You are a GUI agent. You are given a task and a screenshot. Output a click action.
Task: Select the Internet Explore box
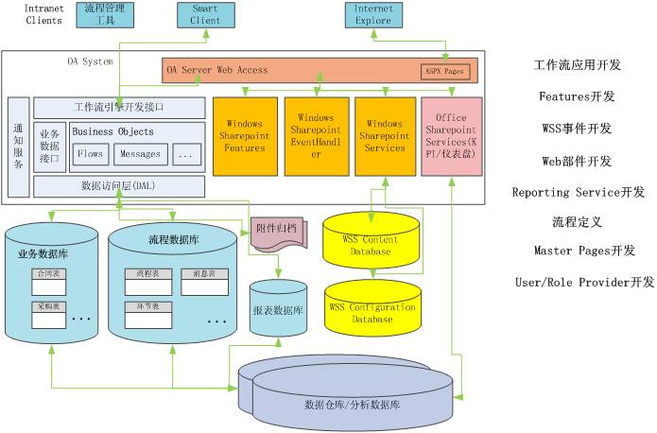coord(373,14)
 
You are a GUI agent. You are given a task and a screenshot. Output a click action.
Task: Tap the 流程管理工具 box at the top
coord(104,14)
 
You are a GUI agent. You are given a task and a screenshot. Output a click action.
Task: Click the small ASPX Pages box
coord(444,72)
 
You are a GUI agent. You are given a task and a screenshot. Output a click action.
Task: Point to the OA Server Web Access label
coord(217,70)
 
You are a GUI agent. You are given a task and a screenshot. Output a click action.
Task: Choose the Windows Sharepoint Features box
coord(245,136)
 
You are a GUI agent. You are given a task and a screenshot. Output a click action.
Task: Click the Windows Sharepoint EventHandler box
coord(316,136)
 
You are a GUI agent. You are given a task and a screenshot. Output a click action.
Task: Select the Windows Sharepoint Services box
coord(385,136)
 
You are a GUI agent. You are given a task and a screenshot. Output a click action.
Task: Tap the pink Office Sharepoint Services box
coord(451,136)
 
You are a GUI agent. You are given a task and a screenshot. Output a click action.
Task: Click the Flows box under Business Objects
coord(90,153)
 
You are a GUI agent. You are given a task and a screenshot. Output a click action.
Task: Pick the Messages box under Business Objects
coord(142,153)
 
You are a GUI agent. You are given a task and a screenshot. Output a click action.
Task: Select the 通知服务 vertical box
coord(18,147)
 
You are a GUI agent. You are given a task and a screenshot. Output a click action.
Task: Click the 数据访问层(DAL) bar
coord(118,186)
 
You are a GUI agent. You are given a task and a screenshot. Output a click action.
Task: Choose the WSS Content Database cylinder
coord(371,244)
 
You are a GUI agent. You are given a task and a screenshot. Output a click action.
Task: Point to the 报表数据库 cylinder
coord(277,304)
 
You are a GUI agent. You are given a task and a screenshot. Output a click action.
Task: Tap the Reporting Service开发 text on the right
coord(579,192)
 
